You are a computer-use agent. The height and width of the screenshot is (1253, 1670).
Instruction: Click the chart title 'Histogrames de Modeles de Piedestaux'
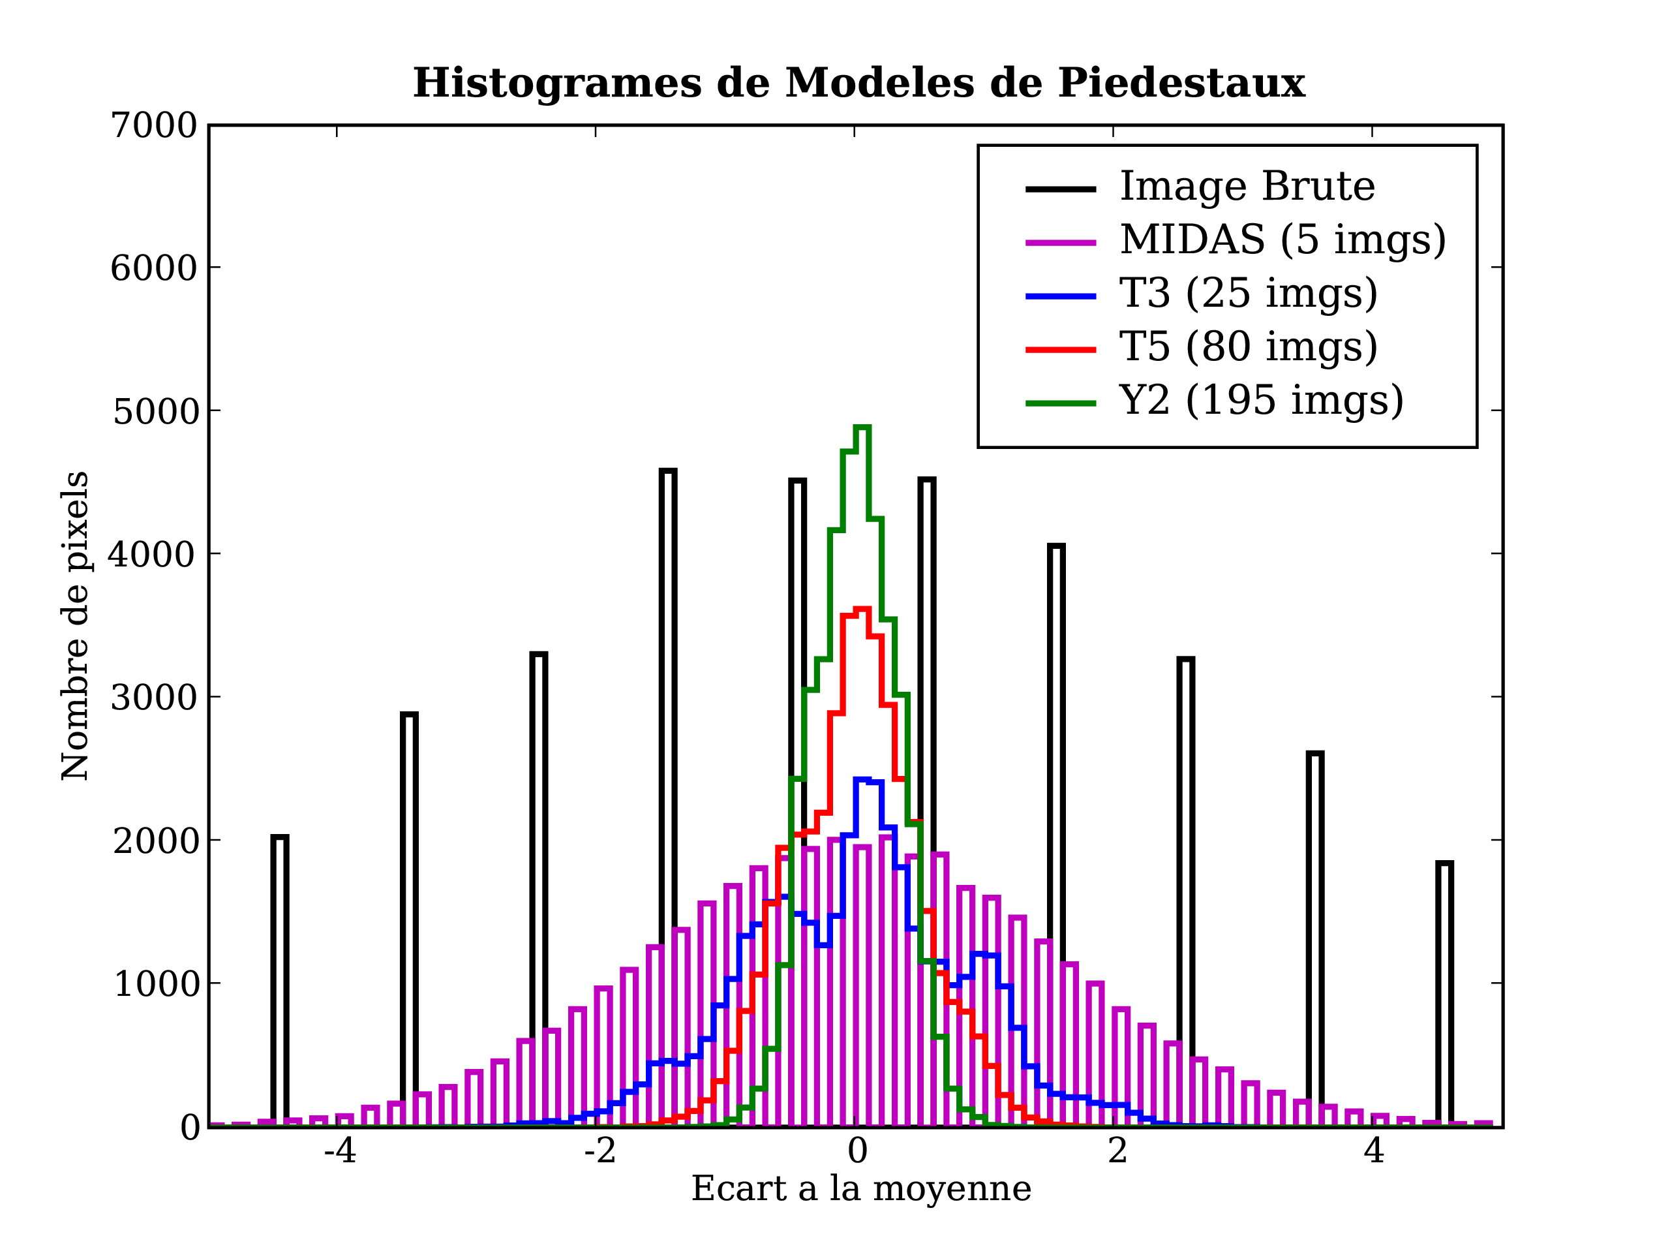pyautogui.click(x=858, y=83)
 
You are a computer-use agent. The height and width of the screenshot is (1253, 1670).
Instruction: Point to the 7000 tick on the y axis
pyautogui.click(x=154, y=125)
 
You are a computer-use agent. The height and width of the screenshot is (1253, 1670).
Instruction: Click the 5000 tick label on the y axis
pyautogui.click(x=155, y=412)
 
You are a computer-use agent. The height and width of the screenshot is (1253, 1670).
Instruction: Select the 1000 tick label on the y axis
pyautogui.click(x=155, y=984)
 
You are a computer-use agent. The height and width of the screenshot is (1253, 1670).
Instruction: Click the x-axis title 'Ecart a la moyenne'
pyautogui.click(x=860, y=1189)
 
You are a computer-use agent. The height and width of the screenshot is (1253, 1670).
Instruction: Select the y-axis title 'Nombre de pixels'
pyautogui.click(x=76, y=625)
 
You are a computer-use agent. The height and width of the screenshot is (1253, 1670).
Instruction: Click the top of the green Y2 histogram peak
pyautogui.click(x=862, y=427)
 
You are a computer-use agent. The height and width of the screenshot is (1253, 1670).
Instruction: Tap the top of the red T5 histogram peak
pyautogui.click(x=862, y=609)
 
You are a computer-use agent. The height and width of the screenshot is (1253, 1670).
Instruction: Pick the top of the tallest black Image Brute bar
pyautogui.click(x=667, y=471)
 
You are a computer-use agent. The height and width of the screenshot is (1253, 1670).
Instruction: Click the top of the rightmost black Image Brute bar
pyautogui.click(x=1444, y=863)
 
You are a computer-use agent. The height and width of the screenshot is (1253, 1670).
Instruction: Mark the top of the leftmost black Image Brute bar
pyautogui.click(x=279, y=837)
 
